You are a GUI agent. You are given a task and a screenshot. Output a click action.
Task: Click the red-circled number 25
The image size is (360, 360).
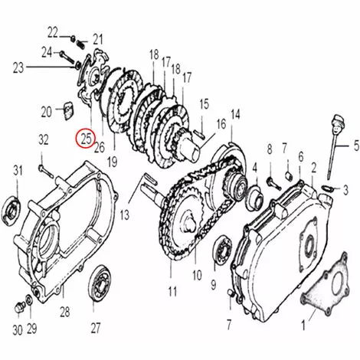pyautogui.click(x=87, y=139)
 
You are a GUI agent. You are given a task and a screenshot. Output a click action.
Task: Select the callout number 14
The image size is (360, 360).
pyautogui.click(x=235, y=115)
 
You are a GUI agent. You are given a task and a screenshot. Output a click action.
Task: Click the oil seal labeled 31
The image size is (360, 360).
pyautogui.click(x=11, y=209)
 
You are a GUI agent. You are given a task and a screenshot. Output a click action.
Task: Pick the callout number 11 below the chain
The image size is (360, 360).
pyautogui.click(x=172, y=292)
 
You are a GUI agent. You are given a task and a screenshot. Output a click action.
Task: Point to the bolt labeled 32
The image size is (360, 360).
pyautogui.click(x=46, y=172)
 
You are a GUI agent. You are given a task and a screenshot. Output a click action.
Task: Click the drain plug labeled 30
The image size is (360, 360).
pyautogui.click(x=19, y=307)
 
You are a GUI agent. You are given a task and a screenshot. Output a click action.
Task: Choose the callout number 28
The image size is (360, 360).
pyautogui.click(x=65, y=312)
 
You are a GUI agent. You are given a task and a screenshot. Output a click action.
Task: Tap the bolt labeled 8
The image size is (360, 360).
pyautogui.click(x=273, y=184)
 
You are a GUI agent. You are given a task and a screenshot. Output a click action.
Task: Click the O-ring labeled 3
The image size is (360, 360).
pyautogui.click(x=327, y=188)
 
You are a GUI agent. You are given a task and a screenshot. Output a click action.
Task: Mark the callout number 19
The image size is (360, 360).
pyautogui.click(x=113, y=162)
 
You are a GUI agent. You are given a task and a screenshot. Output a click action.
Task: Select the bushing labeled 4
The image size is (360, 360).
pyautogui.click(x=254, y=198)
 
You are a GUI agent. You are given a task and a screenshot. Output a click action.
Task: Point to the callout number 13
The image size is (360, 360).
pyautogui.click(x=125, y=215)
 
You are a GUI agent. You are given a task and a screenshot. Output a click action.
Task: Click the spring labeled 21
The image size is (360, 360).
pyautogui.click(x=82, y=44)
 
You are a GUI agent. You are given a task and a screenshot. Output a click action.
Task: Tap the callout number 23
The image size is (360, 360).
pyautogui.click(x=18, y=67)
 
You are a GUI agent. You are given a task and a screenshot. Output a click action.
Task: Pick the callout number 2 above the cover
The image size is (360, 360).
pyautogui.click(x=313, y=168)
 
